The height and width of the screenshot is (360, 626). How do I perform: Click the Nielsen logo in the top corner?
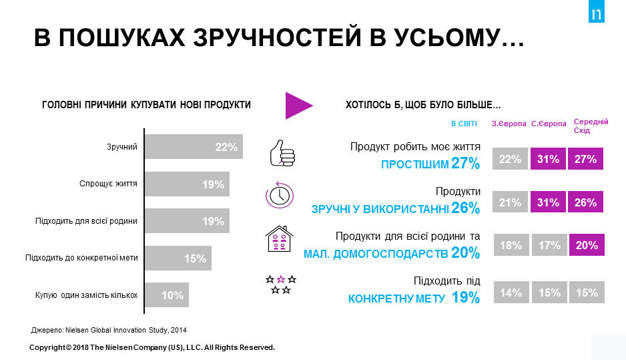[x=596, y=12]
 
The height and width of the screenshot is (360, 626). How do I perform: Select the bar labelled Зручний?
[x=193, y=147]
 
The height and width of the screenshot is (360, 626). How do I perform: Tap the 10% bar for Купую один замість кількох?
[x=166, y=295]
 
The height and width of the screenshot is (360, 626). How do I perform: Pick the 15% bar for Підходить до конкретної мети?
[x=178, y=258]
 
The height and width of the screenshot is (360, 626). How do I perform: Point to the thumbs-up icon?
[x=281, y=153]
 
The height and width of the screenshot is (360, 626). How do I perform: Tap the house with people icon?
[x=280, y=238]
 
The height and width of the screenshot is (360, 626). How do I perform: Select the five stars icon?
[x=280, y=284]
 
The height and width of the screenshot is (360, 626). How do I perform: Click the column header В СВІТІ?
[x=464, y=124]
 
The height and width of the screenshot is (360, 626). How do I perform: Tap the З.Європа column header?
[x=509, y=124]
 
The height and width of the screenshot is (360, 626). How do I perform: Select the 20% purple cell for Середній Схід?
[x=586, y=245]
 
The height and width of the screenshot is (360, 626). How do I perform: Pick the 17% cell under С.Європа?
[x=548, y=245]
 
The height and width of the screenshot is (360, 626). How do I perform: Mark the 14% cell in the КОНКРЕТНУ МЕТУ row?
[x=510, y=292]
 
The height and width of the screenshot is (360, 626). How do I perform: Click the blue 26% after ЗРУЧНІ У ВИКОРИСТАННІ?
[x=465, y=208]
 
